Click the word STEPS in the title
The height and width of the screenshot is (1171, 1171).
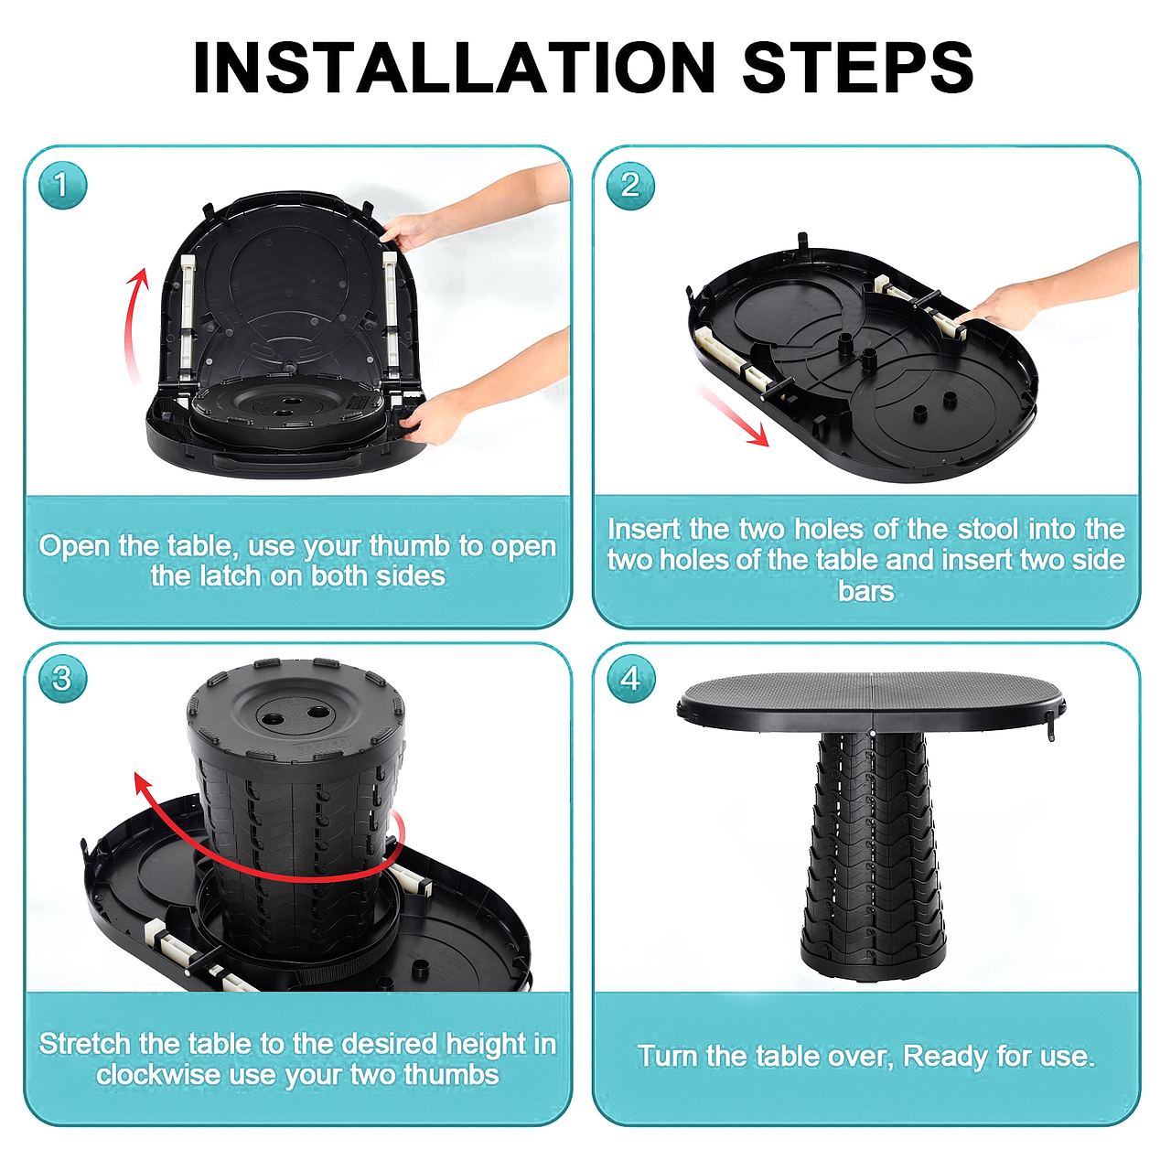tap(858, 68)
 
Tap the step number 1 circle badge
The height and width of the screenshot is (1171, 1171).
tap(62, 186)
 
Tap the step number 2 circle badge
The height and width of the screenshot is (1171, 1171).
tap(630, 186)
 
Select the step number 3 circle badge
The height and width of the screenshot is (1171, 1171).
tap(62, 678)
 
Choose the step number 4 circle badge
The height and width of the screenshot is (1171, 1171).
tap(630, 678)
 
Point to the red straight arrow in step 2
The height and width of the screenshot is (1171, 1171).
tap(734, 415)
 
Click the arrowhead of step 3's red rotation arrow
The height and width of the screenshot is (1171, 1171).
tap(143, 785)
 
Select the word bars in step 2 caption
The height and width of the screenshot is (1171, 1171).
tap(866, 591)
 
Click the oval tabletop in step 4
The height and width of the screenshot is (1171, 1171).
tap(872, 700)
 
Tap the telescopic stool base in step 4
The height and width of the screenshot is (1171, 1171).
tap(874, 857)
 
